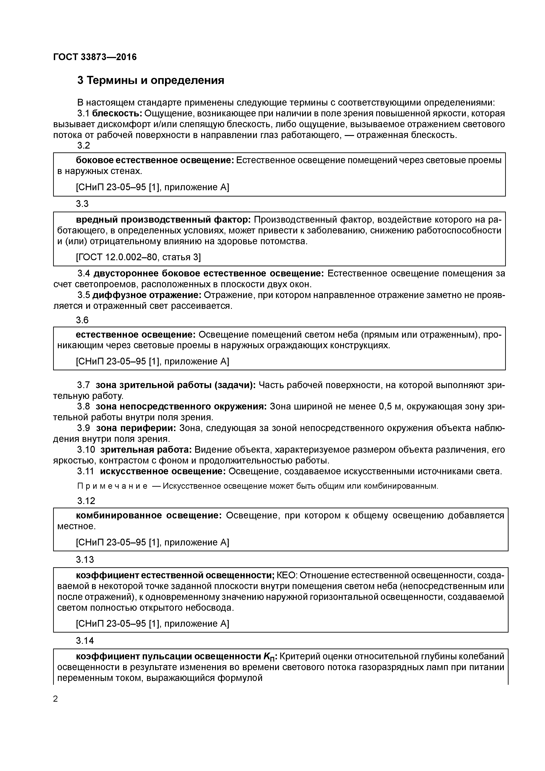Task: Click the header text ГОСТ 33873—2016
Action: tap(95, 57)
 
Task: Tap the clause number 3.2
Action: tap(84, 145)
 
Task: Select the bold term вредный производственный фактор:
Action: tap(163, 220)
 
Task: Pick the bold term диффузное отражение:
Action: tap(147, 295)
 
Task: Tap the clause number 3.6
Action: tap(82, 320)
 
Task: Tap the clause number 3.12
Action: tap(86, 501)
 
